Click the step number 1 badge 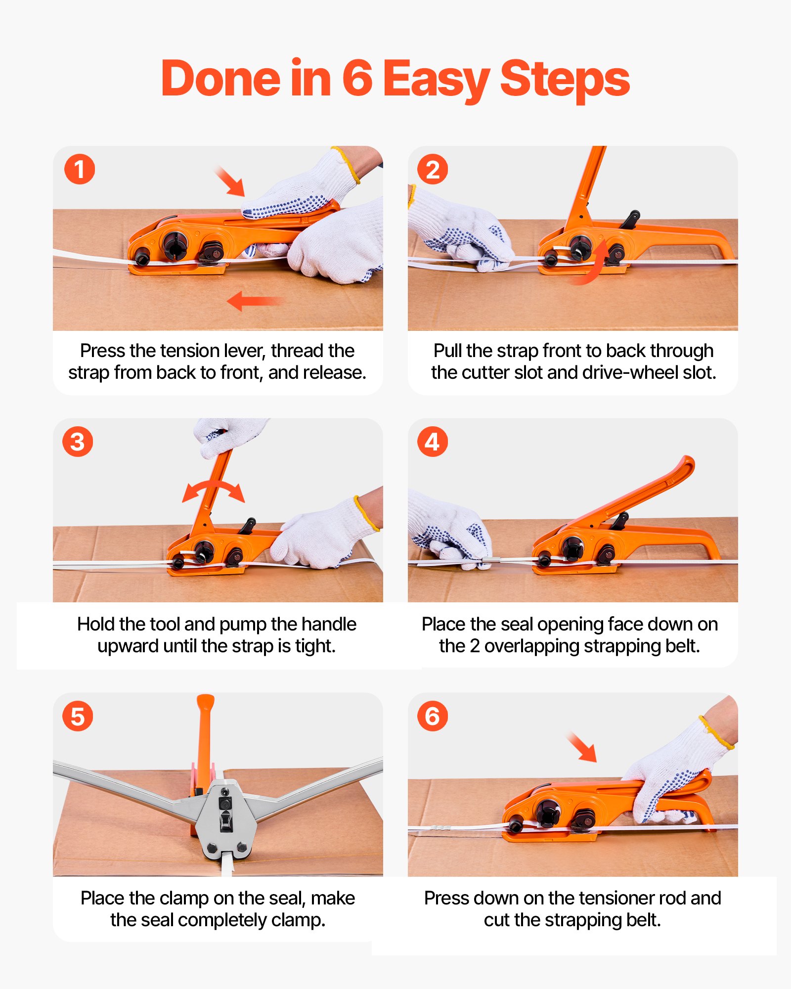[x=79, y=169]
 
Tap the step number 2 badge [x=433, y=169]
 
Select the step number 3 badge [x=78, y=442]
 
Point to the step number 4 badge [x=433, y=442]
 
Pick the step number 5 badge [x=78, y=716]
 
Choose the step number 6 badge [x=433, y=716]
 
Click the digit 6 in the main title [x=357, y=79]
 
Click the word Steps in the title [x=565, y=79]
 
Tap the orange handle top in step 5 [x=205, y=705]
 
